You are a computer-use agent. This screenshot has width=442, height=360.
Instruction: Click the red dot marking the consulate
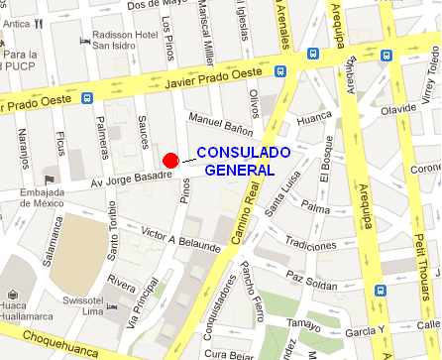click(170, 161)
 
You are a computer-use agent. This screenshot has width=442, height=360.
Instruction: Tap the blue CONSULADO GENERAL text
click(243, 161)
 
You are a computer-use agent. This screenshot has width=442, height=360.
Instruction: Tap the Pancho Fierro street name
click(252, 289)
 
